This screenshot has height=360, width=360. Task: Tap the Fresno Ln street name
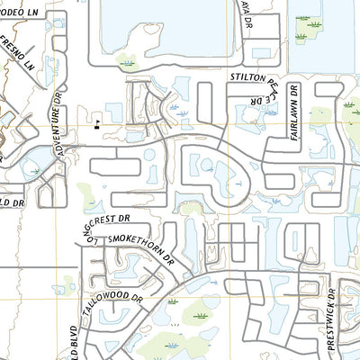pyautogui.click(x=18, y=53)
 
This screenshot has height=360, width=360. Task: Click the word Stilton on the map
pyautogui.click(x=248, y=78)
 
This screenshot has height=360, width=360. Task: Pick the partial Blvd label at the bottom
pyautogui.click(x=74, y=342)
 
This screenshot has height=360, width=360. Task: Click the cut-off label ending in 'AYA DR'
pyautogui.click(x=251, y=13)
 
